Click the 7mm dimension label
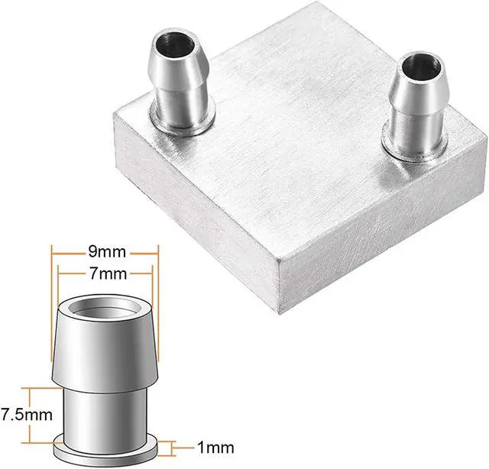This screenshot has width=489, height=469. point(103,273)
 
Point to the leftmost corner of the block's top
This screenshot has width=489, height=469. point(112,115)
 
